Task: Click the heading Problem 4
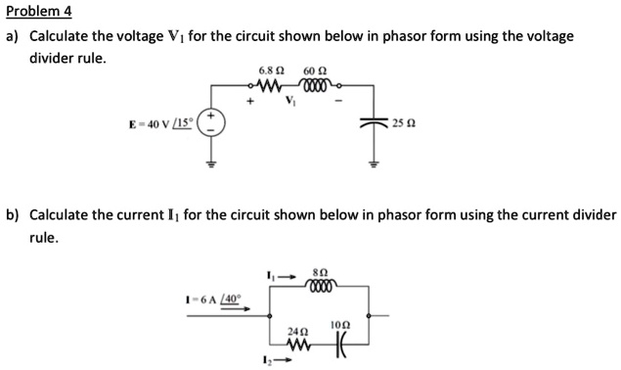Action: click(x=39, y=12)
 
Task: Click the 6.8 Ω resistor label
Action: click(x=271, y=70)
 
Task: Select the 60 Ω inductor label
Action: click(x=315, y=70)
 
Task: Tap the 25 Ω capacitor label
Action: click(x=402, y=124)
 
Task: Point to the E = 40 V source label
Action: click(x=161, y=124)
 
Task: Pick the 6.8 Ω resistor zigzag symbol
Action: click(x=271, y=85)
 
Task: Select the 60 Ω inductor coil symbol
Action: click(x=315, y=85)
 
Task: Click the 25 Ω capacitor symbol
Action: click(x=373, y=123)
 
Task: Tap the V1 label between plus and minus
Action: click(x=290, y=100)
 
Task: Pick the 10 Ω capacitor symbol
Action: click(x=339, y=346)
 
